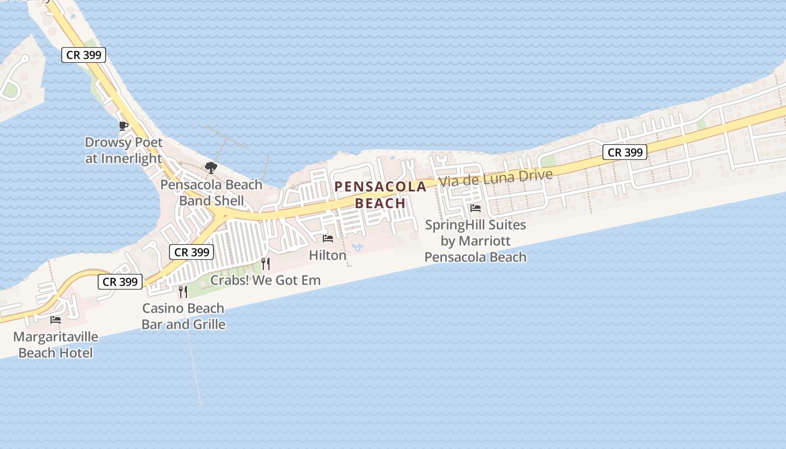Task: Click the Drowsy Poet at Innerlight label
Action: tap(124, 150)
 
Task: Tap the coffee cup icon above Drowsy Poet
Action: tap(124, 126)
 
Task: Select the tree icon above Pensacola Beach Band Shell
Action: tap(211, 167)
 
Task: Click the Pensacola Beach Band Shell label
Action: tap(211, 193)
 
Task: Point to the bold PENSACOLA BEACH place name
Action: tap(381, 195)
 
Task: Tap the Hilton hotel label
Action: tap(328, 255)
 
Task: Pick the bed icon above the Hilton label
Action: tap(328, 239)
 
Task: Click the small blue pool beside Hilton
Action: tap(357, 247)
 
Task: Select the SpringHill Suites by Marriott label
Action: tap(476, 241)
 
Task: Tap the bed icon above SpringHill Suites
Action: tap(476, 208)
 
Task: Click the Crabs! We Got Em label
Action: tap(266, 280)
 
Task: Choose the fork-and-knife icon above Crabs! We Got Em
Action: tap(266, 263)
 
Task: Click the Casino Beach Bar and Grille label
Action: tap(183, 316)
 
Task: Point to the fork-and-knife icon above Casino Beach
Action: tap(183, 291)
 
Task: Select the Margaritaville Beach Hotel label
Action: tap(56, 345)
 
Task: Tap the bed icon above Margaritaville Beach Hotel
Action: tap(56, 320)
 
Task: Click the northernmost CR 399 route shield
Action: tap(84, 55)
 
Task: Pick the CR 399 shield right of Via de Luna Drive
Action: tap(625, 152)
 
